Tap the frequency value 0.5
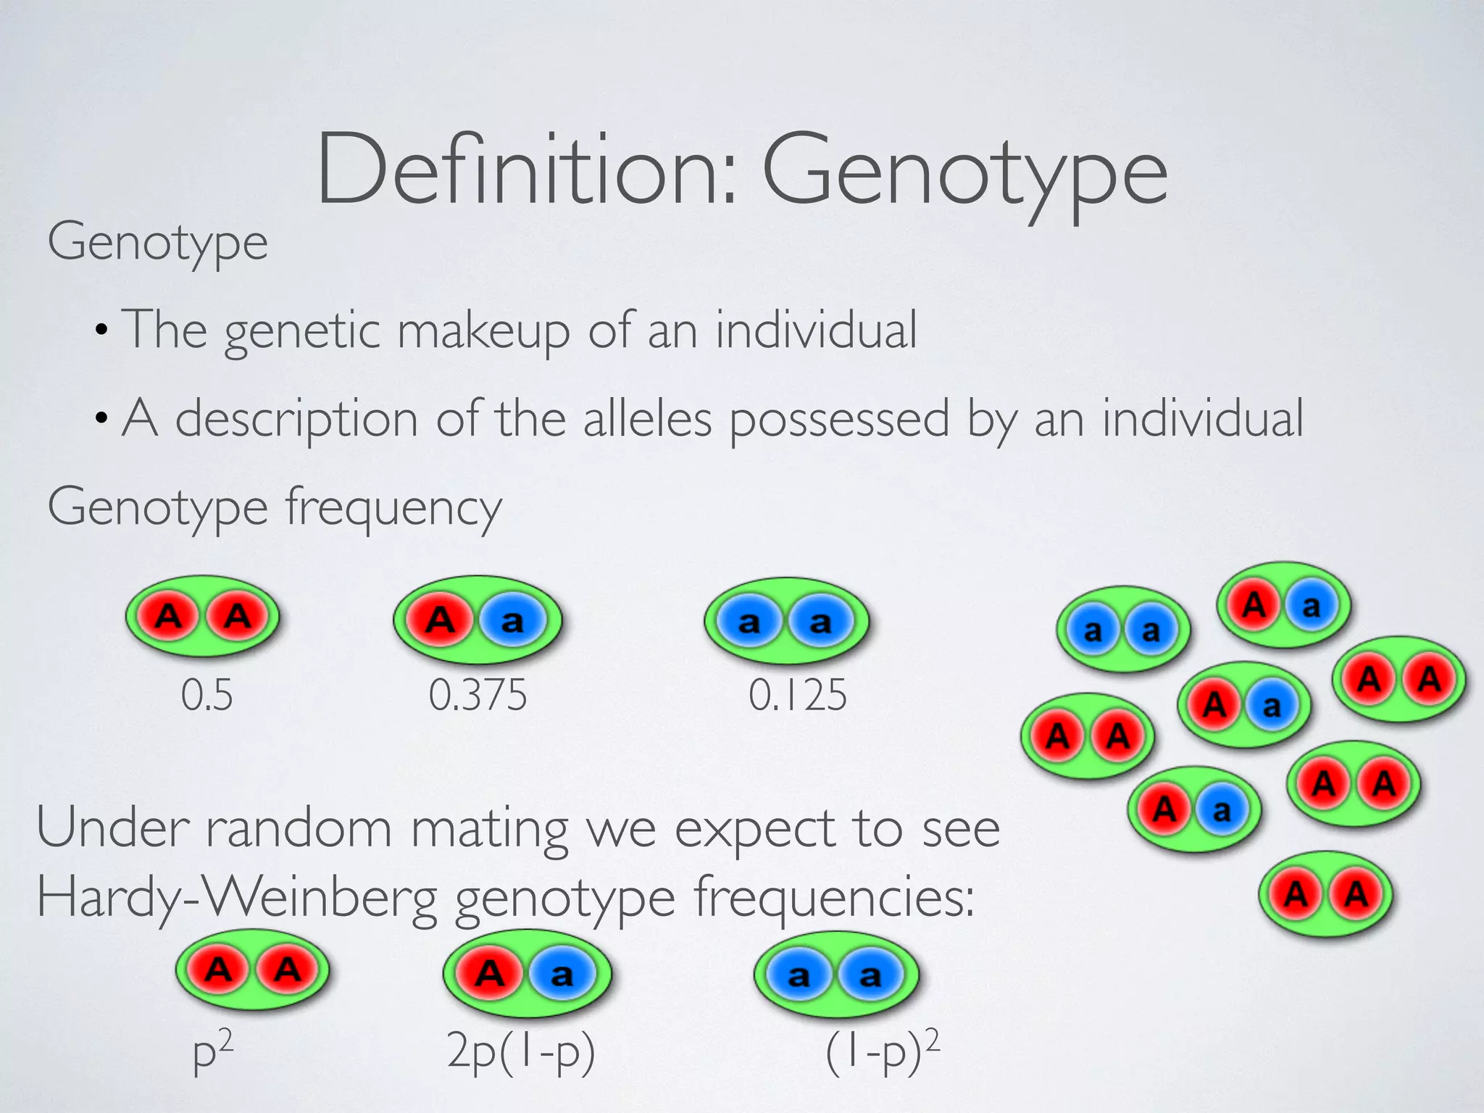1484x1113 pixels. click(207, 696)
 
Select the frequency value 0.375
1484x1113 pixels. click(478, 696)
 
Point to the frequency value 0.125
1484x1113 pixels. click(797, 696)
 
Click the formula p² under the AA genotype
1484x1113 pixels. click(212, 1051)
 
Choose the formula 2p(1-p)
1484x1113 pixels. click(521, 1051)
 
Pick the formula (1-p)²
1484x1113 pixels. click(882, 1051)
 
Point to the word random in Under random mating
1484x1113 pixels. click(299, 828)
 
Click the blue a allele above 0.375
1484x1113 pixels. click(512, 621)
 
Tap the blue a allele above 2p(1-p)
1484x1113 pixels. click(562, 975)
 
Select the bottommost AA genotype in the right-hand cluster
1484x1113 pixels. click(1326, 895)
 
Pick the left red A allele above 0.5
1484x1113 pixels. click(169, 617)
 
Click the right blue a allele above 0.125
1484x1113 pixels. click(820, 622)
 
